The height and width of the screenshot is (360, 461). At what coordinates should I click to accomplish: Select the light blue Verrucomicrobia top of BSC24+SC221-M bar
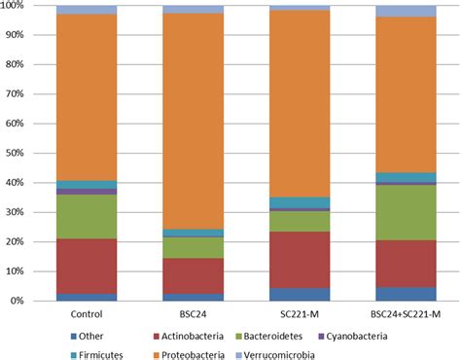[x=406, y=11]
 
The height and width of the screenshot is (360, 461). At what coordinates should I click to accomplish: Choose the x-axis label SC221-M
[x=299, y=314]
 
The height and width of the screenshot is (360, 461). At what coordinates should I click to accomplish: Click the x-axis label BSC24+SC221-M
[x=406, y=314]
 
